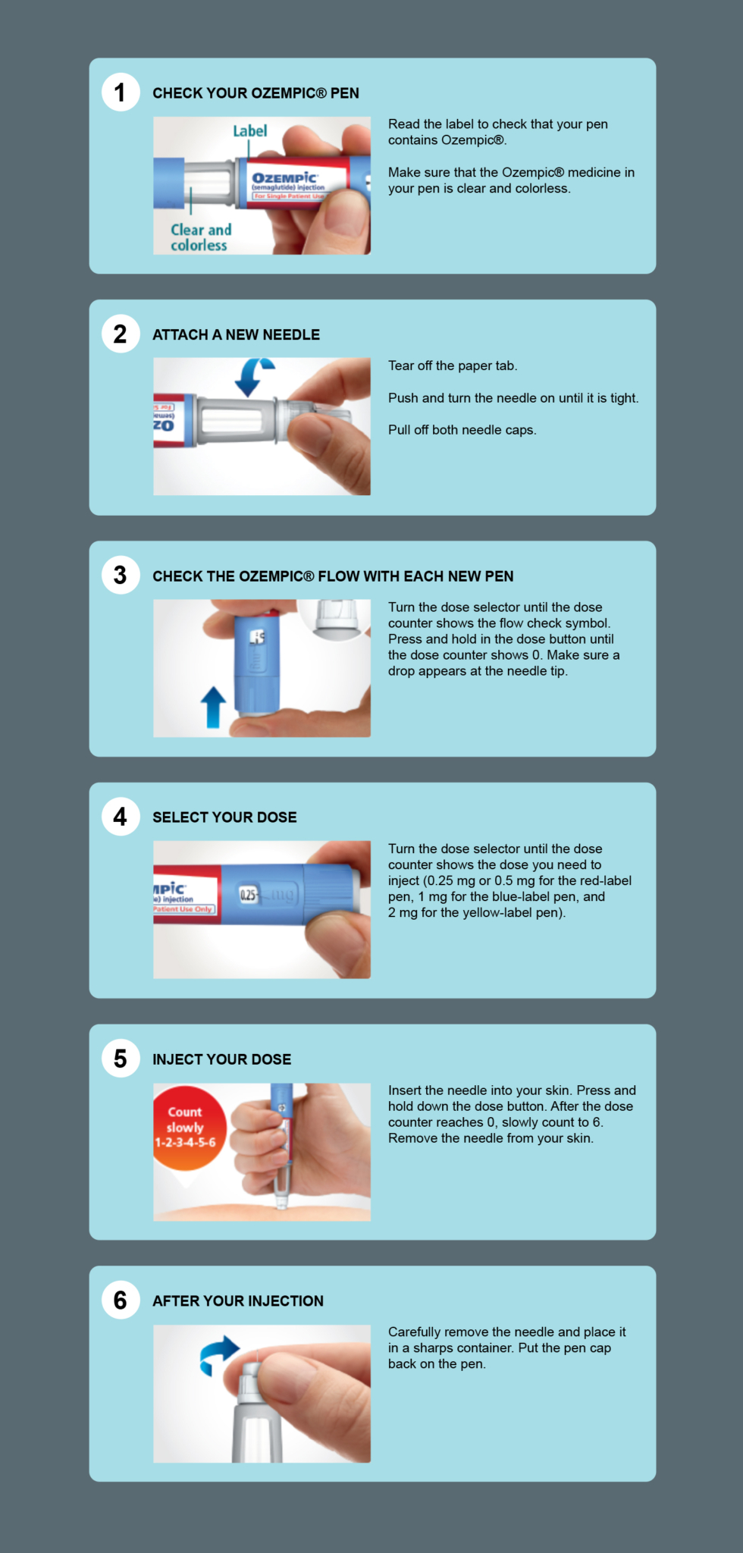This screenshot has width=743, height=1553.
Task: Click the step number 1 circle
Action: coord(121,93)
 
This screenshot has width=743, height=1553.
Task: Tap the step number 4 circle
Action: coord(121,817)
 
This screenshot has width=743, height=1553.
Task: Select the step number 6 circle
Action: coord(121,1300)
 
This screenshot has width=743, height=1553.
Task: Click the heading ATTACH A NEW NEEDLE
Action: coord(236,334)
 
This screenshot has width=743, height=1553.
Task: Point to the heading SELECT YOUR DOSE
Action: coord(224,817)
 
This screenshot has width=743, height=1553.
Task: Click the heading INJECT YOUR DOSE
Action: coord(221,1059)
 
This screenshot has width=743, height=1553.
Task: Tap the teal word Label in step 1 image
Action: coord(249,131)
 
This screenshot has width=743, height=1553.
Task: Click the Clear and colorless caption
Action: coord(200,237)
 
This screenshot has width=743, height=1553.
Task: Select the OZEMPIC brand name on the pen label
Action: coord(284,177)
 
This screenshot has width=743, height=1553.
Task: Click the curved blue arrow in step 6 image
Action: coord(218,1354)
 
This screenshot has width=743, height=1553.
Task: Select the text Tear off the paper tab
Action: coord(453,366)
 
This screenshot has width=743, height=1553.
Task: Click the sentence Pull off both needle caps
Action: coord(462,430)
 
